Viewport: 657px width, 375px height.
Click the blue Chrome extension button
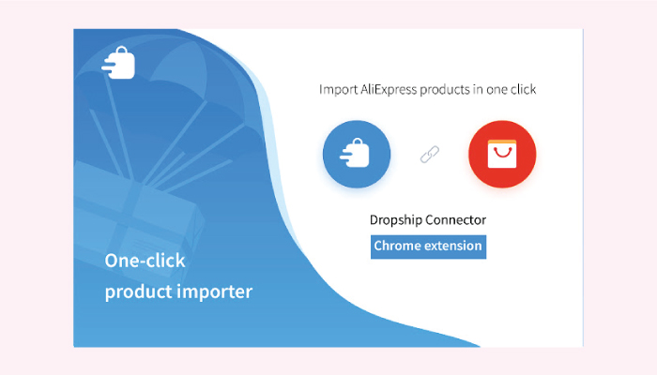click(428, 247)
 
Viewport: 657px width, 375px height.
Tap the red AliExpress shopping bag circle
click(502, 154)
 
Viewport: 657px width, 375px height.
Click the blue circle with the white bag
click(357, 154)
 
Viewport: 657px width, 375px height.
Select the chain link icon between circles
click(430, 155)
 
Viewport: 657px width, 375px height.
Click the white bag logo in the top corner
click(118, 63)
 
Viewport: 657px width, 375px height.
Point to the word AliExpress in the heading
click(389, 90)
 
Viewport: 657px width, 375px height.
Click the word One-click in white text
click(145, 261)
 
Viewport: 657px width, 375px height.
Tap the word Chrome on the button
click(398, 246)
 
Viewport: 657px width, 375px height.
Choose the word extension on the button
click(453, 246)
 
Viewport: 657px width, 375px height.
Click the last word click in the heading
click(523, 90)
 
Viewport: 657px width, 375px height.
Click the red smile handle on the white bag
click(502, 151)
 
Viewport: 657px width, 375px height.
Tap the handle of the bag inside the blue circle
click(357, 142)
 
